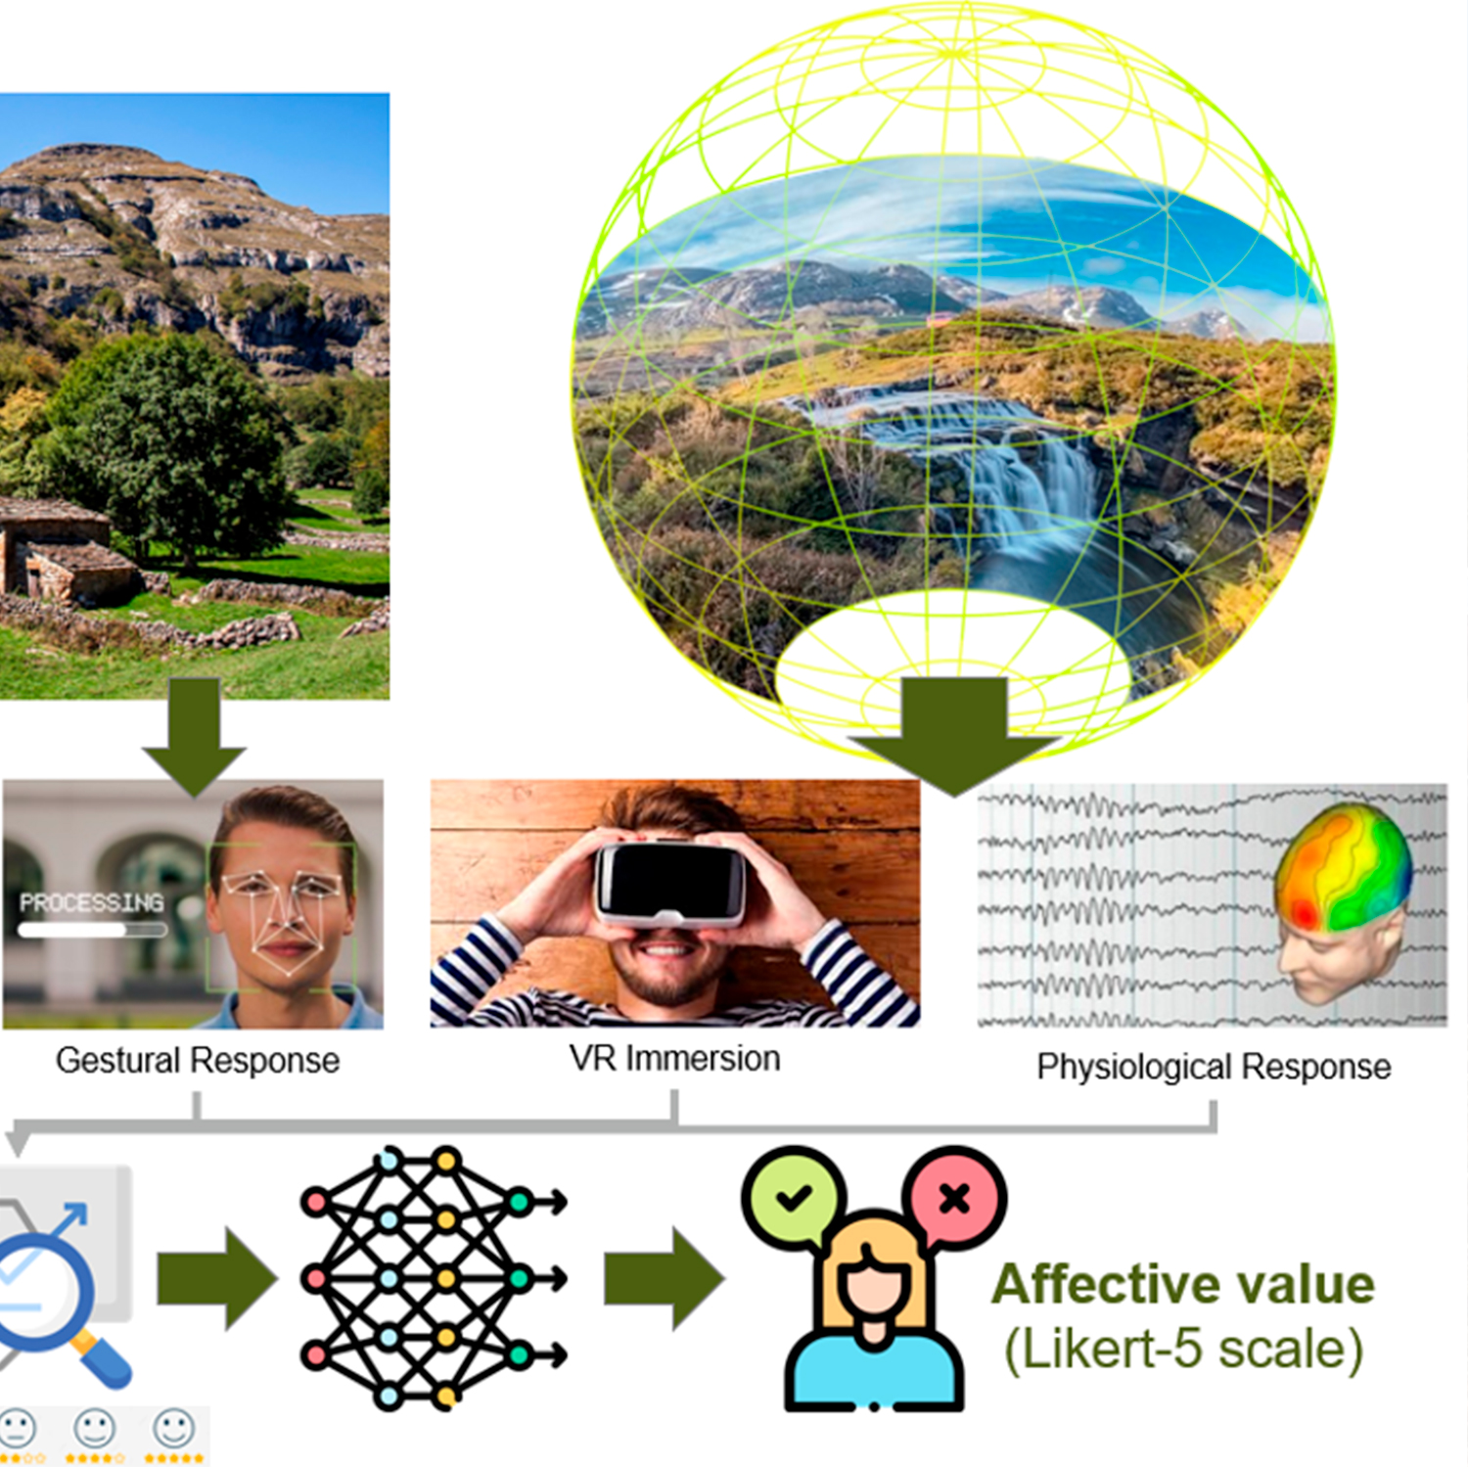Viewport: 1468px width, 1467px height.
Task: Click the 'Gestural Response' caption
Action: click(x=198, y=1061)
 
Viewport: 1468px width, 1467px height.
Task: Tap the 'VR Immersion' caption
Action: click(x=674, y=1059)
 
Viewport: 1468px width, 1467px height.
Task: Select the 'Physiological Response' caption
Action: click(x=1214, y=1067)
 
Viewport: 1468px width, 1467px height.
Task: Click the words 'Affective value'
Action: click(x=1183, y=1284)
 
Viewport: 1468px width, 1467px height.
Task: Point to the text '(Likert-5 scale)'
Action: click(x=1183, y=1351)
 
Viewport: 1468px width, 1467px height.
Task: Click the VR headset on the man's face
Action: click(x=671, y=884)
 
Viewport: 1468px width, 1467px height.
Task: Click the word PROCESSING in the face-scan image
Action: click(x=92, y=902)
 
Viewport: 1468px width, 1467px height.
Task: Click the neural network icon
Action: click(x=431, y=1278)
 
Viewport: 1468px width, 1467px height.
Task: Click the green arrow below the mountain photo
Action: click(x=194, y=736)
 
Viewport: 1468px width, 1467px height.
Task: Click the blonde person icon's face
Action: click(x=874, y=1282)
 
